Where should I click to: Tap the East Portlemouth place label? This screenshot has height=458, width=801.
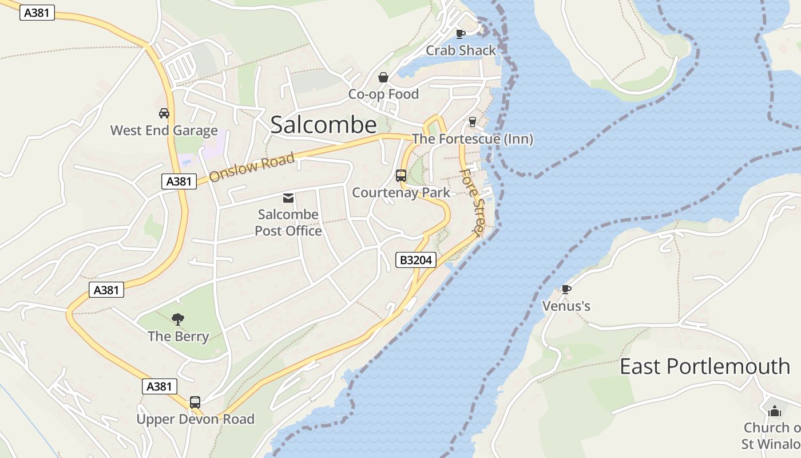click(x=705, y=366)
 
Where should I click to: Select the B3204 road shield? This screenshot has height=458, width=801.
click(x=416, y=260)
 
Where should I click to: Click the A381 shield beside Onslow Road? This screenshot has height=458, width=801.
click(x=178, y=181)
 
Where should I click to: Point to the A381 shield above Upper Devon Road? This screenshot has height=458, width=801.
click(x=159, y=386)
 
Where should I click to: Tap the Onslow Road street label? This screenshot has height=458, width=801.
click(x=251, y=167)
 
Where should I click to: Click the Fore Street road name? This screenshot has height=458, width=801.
click(x=472, y=202)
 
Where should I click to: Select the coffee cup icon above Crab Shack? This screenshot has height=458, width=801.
click(x=461, y=34)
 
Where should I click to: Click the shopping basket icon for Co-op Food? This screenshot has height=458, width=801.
click(x=383, y=77)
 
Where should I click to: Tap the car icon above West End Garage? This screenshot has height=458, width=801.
click(x=164, y=113)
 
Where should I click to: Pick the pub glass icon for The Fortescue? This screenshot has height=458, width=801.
click(x=472, y=121)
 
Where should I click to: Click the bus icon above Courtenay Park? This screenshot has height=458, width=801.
click(x=401, y=176)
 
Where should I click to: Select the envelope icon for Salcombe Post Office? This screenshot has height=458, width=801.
click(x=288, y=198)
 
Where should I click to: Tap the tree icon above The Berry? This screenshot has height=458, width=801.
click(x=178, y=319)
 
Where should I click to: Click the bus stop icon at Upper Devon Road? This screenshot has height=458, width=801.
click(x=195, y=402)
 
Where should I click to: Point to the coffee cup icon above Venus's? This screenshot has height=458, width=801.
click(x=566, y=289)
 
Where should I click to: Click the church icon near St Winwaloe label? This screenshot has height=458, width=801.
click(x=775, y=410)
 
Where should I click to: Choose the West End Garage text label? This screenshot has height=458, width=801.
click(x=164, y=131)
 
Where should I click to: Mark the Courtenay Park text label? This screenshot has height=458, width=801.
click(x=401, y=192)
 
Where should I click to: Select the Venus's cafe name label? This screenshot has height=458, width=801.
click(x=566, y=306)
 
